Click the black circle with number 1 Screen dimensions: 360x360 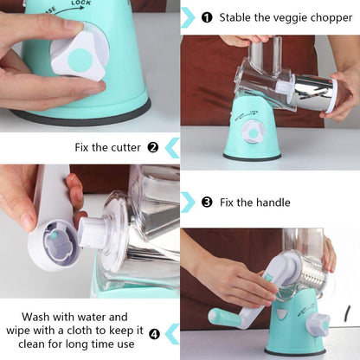coord(207,17)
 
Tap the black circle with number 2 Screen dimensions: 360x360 coord(153,148)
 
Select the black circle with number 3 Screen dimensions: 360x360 coord(207,202)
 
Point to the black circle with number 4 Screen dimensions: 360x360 coord(154,334)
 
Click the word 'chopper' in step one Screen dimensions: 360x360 coord(331,18)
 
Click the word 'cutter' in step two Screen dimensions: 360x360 coord(126,148)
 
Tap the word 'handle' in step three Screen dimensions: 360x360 coord(271,202)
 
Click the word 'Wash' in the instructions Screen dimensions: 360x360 coord(35,317)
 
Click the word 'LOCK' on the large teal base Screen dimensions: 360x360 coord(80,3)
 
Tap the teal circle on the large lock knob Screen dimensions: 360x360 coord(80,60)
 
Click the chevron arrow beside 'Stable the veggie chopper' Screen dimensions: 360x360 coord(188,17)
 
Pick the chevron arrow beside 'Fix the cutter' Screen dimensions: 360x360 coord(172,148)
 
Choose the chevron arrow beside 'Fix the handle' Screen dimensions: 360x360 coord(188,202)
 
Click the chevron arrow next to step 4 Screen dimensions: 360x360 coord(172,334)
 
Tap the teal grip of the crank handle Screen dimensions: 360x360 coord(224,318)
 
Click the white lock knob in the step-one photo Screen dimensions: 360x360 coord(252,132)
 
